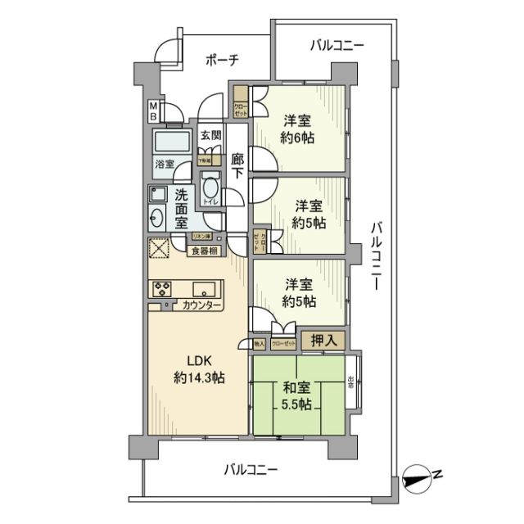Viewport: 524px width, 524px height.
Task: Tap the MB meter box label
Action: point(153,111)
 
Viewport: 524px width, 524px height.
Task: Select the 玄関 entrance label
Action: point(210,136)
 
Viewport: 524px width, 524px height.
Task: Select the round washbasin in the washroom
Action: point(156,218)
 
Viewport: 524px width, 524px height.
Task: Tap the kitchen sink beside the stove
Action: point(204,288)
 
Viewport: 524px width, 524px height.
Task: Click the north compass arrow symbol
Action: point(422,475)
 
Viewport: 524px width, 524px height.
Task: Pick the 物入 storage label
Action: point(259,345)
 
